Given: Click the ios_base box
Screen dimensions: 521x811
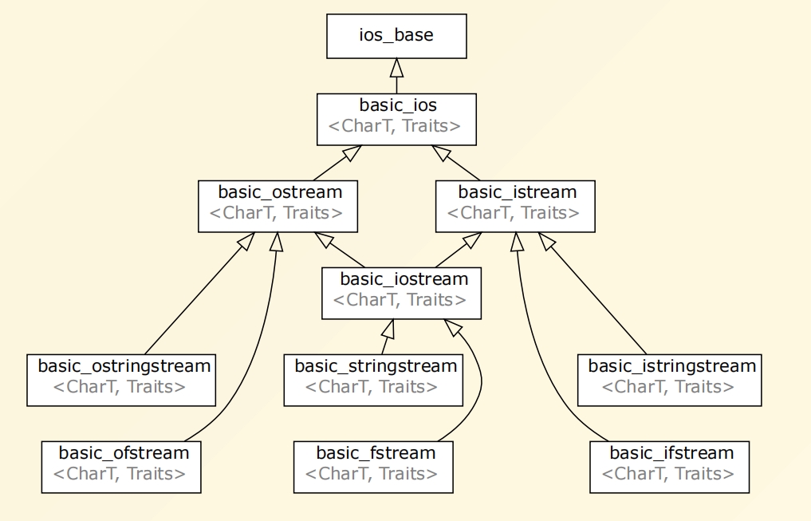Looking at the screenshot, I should pos(396,36).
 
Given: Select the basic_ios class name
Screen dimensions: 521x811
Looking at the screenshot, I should pos(397,105).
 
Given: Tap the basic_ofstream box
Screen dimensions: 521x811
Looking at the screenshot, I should pos(121,466).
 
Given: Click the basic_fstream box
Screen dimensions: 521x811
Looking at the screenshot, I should pos(374,466).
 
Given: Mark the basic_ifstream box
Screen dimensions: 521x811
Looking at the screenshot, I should pos(670,466).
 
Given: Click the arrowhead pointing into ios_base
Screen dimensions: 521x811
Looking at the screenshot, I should pos(396,67).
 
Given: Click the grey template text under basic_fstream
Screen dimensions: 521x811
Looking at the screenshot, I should pos(372,474).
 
